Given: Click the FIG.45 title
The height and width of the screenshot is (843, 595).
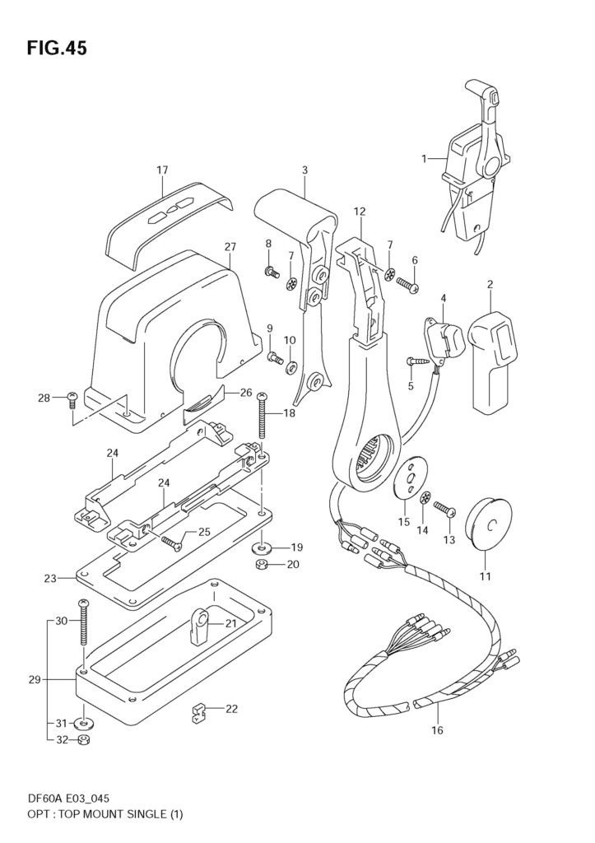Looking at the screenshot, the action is pos(57,49).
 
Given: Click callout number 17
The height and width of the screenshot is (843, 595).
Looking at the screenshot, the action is pos(162,170).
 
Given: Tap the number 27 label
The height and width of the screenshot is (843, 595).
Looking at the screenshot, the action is pos(230,247).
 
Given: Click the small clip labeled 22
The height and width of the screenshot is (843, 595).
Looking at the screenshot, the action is pos(199,711).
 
